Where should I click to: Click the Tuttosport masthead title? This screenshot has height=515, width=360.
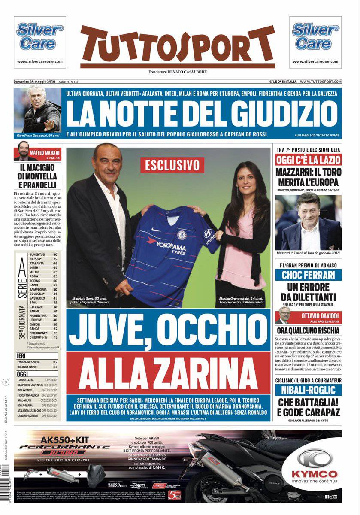coord(177,45)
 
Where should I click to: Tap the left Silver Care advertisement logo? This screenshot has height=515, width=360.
coord(40,37)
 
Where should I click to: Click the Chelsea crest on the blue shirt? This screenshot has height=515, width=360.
coord(182,234)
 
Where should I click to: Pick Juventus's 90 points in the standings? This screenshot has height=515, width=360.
coord(55,254)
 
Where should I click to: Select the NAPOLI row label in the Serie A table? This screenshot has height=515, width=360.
coord(36,259)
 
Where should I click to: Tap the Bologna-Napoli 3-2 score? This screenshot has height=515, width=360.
coord(55,367)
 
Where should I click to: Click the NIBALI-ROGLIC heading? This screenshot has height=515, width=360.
coord(308,390)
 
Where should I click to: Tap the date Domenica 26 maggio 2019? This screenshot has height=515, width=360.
coord(35,82)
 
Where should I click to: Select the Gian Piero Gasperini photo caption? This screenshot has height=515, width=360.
coord(38,136)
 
